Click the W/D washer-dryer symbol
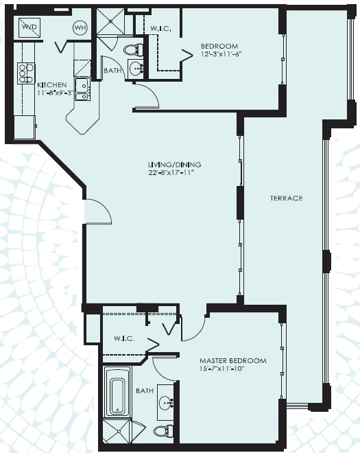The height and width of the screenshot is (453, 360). click(x=30, y=27)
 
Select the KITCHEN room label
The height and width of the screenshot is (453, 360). click(x=52, y=85)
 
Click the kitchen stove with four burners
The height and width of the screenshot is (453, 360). click(x=26, y=73)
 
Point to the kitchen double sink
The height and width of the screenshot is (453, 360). click(x=82, y=89)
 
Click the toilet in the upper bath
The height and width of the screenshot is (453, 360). click(x=134, y=50)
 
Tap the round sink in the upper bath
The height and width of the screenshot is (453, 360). click(x=135, y=69)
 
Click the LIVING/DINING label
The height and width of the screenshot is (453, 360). click(x=174, y=165)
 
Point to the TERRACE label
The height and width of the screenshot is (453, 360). click(x=287, y=198)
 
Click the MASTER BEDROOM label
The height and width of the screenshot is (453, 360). click(x=233, y=360)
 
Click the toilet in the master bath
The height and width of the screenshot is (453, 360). click(x=163, y=431)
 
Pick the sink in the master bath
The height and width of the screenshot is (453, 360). click(x=166, y=402)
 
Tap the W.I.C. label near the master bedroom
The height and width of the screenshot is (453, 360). click(x=124, y=338)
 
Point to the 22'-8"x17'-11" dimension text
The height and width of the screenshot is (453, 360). click(x=169, y=173)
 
